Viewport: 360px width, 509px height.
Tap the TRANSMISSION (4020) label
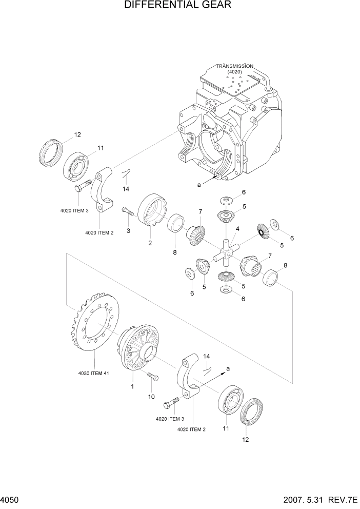234,69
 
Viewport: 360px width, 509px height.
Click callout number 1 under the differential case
132,386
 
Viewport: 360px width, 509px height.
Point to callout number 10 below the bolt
151,397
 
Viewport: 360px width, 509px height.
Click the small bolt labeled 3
127,210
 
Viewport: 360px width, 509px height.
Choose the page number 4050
10,499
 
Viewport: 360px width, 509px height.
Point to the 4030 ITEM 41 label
94,373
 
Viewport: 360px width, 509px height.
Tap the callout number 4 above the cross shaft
237,228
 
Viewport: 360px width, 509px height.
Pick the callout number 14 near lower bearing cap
207,356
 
